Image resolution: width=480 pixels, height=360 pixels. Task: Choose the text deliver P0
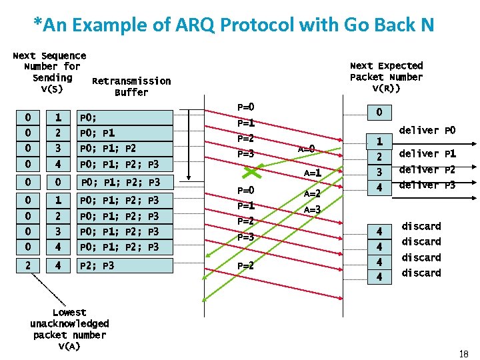coord(427,130)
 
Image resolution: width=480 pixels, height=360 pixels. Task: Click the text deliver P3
coord(427,185)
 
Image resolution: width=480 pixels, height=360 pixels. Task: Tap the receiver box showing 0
coord(379,113)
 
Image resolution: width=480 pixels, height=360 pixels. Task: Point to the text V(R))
coord(386,89)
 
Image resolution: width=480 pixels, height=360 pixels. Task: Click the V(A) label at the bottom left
coord(69,346)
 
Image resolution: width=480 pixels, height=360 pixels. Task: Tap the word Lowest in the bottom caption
coord(69,312)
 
